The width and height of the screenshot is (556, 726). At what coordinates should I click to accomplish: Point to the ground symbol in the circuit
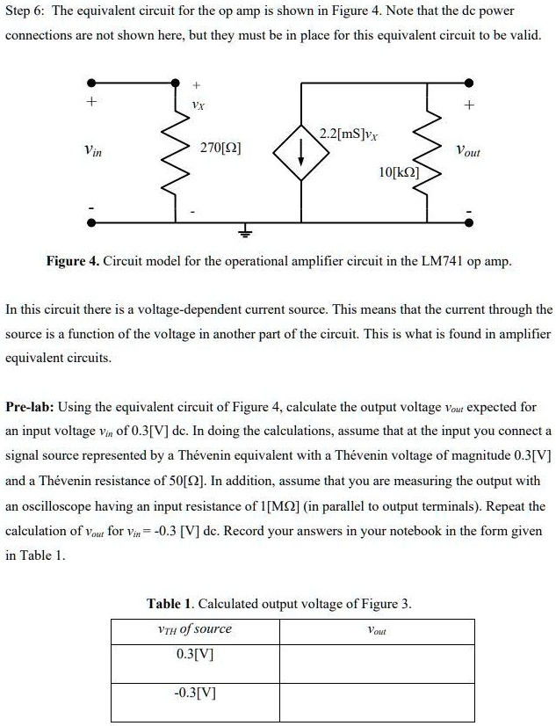coord(245,232)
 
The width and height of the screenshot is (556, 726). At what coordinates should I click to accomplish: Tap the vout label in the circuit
coord(467,150)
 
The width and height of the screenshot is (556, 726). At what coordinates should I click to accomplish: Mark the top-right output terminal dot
coord(469,84)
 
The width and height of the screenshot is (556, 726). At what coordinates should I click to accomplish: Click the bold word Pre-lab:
coord(32,408)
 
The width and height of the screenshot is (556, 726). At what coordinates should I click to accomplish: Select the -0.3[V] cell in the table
coord(194,691)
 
